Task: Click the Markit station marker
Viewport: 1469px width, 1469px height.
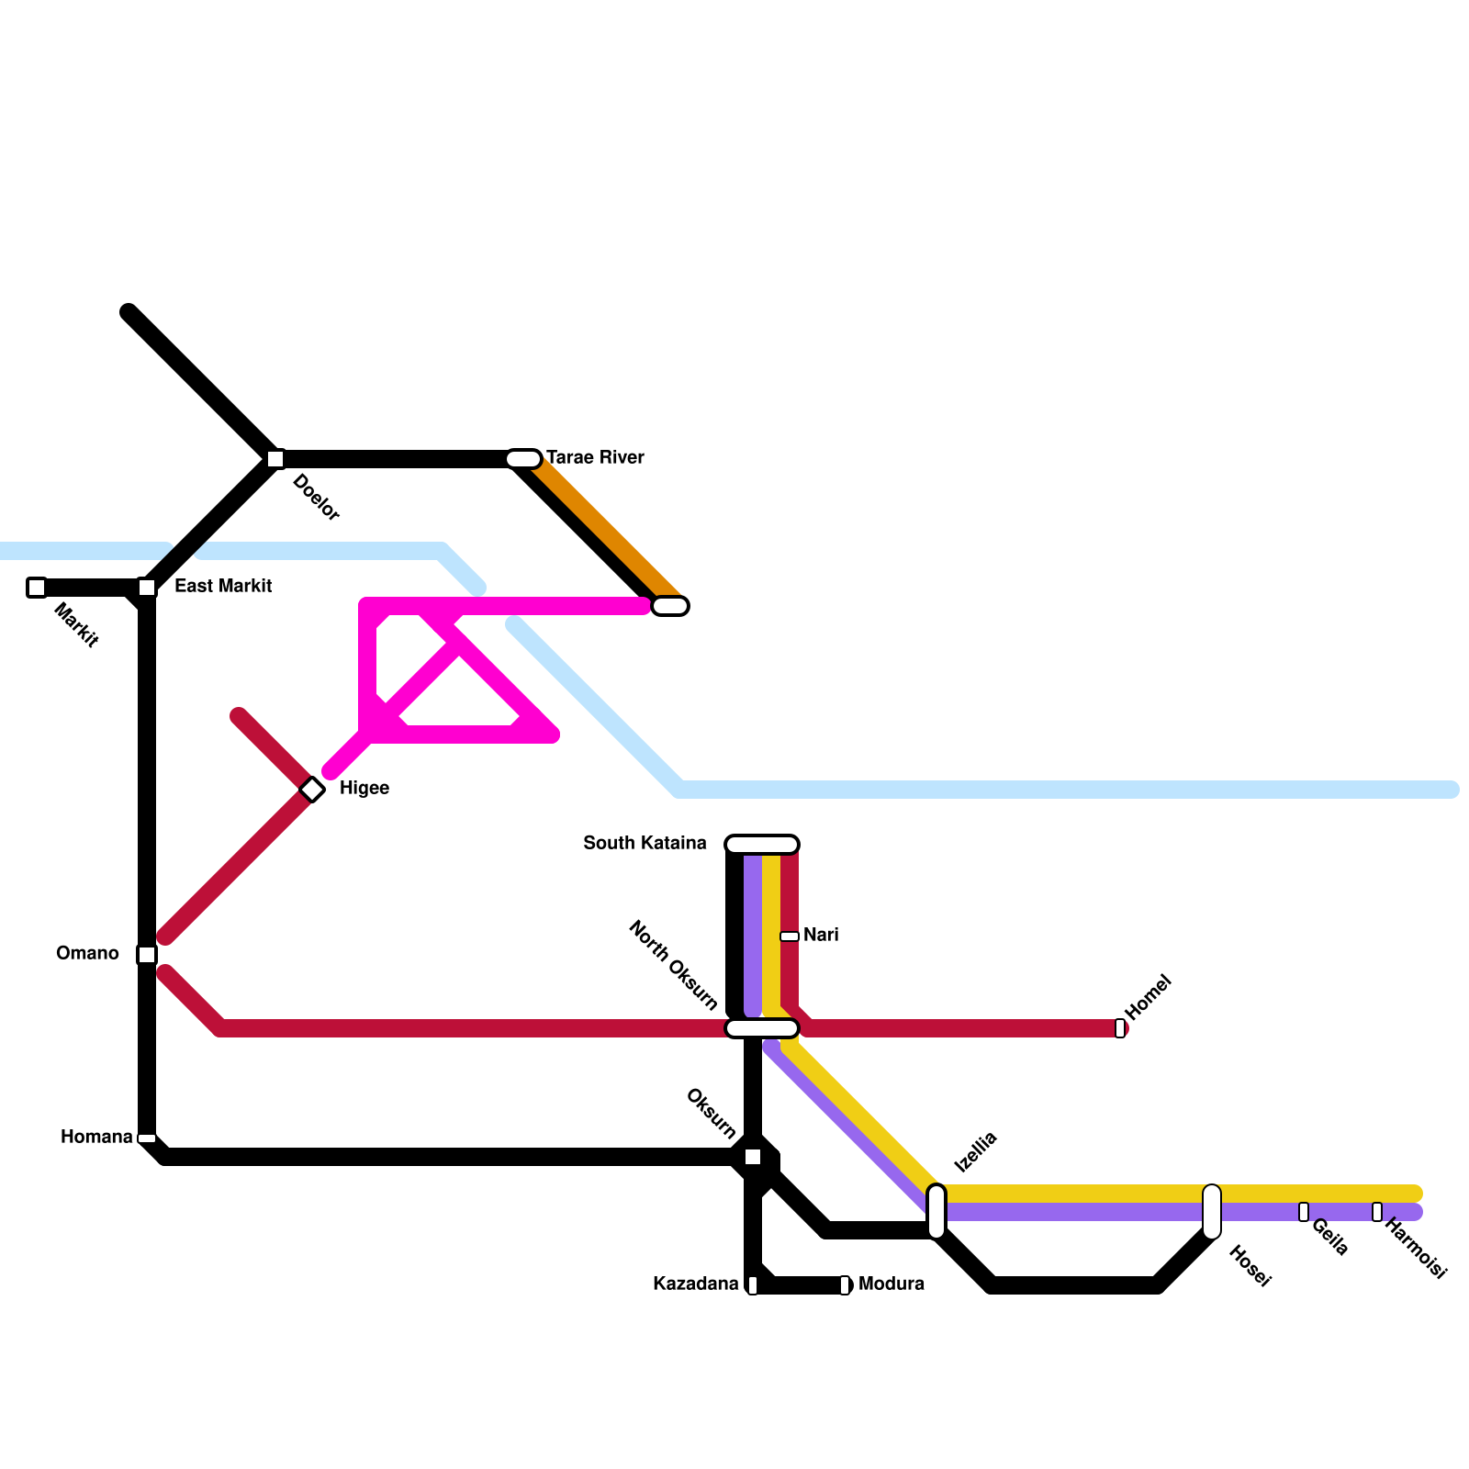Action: click(37, 588)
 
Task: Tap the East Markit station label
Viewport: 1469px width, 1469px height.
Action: click(222, 586)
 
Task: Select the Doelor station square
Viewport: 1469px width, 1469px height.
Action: click(275, 459)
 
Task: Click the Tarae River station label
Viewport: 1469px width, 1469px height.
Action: click(595, 457)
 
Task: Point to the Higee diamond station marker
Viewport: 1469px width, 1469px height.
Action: click(312, 790)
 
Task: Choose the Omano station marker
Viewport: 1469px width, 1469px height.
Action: click(147, 955)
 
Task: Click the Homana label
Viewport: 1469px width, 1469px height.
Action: click(96, 1137)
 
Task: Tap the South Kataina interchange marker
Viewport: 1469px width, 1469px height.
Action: click(762, 845)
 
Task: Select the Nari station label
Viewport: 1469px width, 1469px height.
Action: click(821, 935)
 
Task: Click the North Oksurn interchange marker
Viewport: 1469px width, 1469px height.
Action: click(762, 1028)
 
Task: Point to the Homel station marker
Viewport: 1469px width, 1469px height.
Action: click(1120, 1028)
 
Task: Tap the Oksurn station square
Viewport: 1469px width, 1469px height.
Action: click(753, 1157)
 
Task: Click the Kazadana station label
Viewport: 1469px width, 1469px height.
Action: click(695, 1284)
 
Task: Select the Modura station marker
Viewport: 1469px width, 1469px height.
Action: click(845, 1285)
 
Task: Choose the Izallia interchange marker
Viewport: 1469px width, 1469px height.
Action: click(936, 1212)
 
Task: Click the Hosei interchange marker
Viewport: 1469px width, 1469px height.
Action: click(1212, 1212)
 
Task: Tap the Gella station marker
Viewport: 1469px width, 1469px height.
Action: click(1304, 1212)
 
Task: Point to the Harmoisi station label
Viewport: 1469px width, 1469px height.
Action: click(1415, 1248)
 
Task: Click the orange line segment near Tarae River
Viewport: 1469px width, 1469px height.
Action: click(606, 528)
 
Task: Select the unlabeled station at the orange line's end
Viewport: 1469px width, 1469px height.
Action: click(670, 606)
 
